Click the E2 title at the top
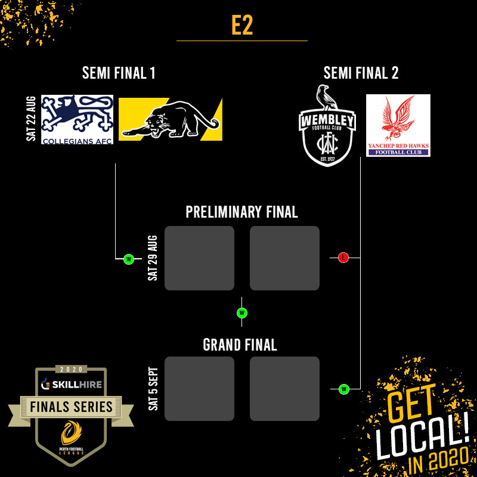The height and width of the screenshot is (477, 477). click(x=241, y=26)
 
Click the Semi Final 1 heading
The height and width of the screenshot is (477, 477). click(x=119, y=73)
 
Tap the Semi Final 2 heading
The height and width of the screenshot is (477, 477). click(x=361, y=73)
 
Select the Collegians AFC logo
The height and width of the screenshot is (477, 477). click(x=77, y=119)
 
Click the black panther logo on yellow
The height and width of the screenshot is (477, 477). click(x=171, y=119)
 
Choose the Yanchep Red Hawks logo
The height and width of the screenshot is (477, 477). click(x=398, y=125)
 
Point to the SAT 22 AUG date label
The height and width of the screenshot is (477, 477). click(x=32, y=119)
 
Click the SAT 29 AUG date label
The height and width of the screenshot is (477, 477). click(x=153, y=258)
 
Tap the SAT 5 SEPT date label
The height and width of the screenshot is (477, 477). click(x=153, y=388)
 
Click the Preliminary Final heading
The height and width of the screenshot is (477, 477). click(x=241, y=212)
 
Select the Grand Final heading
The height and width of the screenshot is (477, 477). click(x=240, y=345)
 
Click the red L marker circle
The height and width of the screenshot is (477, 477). click(x=343, y=258)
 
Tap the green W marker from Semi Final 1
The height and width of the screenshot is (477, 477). click(x=128, y=259)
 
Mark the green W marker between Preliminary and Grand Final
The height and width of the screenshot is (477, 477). click(x=241, y=313)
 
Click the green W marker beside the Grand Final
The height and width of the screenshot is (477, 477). click(x=343, y=389)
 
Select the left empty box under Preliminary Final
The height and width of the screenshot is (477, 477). click(x=199, y=258)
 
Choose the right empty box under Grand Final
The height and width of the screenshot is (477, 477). click(x=284, y=389)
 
